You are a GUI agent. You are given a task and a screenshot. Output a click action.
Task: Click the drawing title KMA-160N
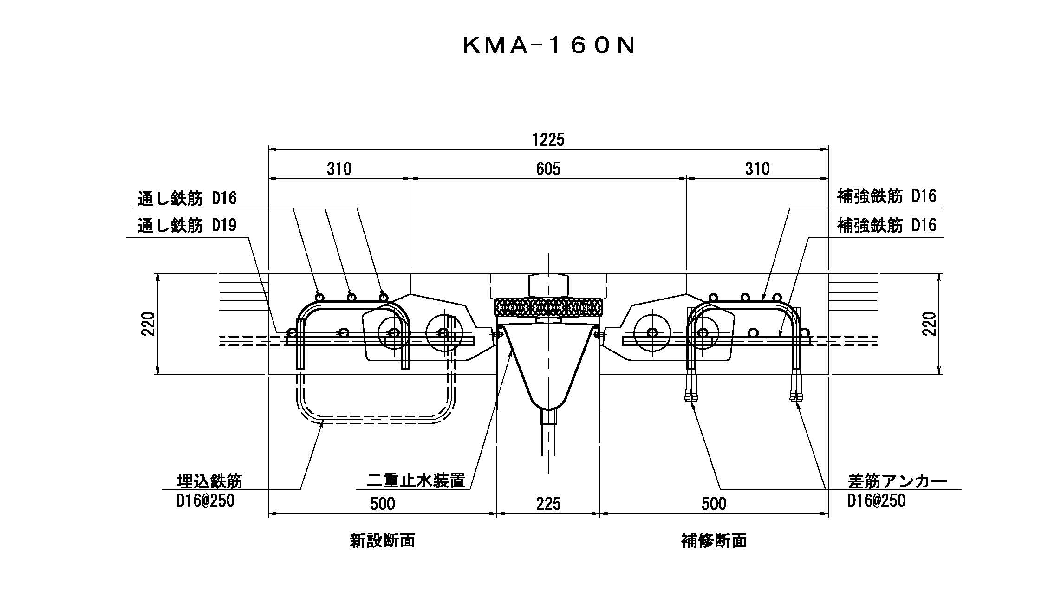(x=548, y=45)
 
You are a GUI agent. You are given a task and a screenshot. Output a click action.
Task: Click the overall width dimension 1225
(x=548, y=139)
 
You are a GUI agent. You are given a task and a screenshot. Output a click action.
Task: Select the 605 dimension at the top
(x=548, y=169)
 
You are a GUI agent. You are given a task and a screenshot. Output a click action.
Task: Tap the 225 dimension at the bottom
(x=548, y=504)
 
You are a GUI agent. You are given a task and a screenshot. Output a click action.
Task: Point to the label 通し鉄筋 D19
(x=187, y=226)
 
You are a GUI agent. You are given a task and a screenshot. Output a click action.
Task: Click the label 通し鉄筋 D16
(x=187, y=199)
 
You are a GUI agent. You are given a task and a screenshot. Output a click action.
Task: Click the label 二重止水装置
(x=416, y=481)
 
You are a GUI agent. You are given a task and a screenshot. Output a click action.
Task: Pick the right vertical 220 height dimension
(x=929, y=324)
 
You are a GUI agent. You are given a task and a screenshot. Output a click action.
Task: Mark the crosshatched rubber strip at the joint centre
(x=548, y=307)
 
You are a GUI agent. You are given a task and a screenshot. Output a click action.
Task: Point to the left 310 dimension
(x=339, y=169)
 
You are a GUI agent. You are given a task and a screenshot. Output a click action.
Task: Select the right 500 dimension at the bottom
(x=714, y=504)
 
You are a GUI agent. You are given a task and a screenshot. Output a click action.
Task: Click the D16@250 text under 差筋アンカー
(x=876, y=501)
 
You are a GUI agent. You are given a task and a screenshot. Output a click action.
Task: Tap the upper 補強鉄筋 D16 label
(x=886, y=197)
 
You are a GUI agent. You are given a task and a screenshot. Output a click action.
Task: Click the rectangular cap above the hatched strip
(x=548, y=286)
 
